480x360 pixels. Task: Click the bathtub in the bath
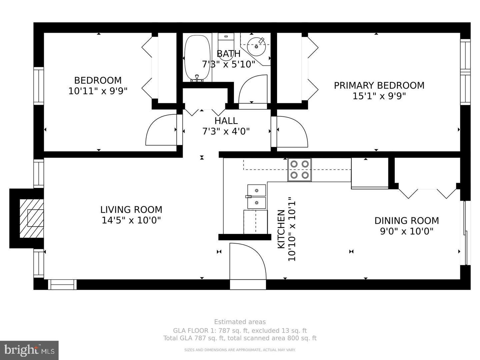tap(197, 58)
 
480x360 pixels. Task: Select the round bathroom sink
tap(257, 46)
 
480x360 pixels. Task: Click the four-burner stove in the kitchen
tap(299, 170)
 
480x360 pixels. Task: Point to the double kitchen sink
tap(256, 196)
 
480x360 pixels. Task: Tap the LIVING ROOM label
tap(131, 210)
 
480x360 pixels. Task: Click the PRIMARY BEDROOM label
tap(379, 85)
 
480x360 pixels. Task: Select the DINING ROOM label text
tap(406, 221)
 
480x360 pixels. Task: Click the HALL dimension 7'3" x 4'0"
tap(226, 131)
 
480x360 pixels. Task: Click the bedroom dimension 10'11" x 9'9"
tap(98, 91)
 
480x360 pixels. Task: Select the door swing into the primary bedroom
tap(292, 131)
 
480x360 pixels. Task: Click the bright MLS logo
tap(29, 350)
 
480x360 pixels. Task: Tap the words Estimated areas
tap(240, 322)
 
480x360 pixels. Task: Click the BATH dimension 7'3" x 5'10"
tap(228, 64)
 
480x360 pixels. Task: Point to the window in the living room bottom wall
tap(62, 284)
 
